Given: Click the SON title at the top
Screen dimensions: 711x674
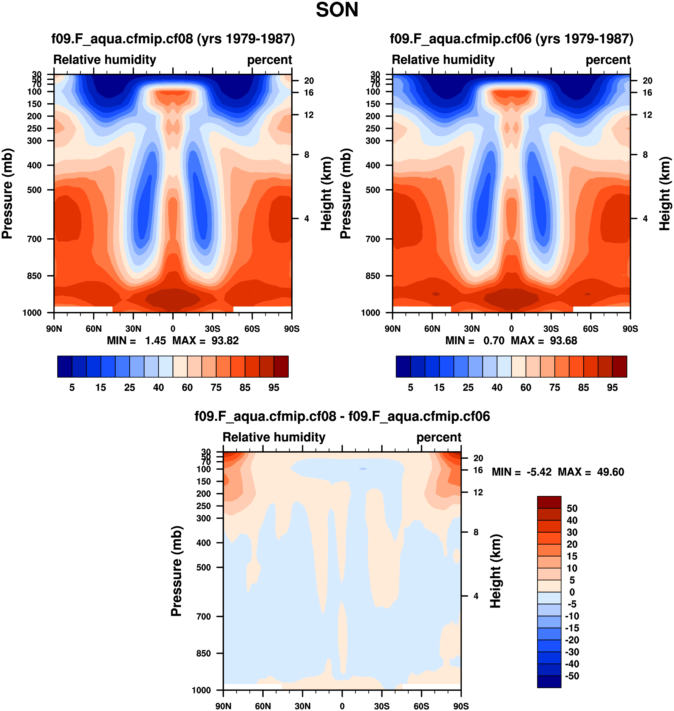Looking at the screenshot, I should (337, 10).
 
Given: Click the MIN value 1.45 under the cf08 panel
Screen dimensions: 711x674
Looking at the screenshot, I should (155, 341).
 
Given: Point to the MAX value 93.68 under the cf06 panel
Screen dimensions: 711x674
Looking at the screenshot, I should (563, 341).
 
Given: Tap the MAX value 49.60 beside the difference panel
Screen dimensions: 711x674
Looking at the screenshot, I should (610, 472).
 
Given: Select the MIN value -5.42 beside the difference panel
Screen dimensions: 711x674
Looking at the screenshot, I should (539, 472).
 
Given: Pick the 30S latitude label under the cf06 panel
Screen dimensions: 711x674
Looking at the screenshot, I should (551, 329).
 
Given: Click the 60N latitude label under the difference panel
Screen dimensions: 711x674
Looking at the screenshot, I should (263, 706).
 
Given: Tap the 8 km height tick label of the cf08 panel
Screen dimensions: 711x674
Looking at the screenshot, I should (307, 155).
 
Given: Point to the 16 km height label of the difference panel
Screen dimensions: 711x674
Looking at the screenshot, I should (478, 470).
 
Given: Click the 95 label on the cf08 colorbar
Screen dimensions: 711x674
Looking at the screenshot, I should (274, 387).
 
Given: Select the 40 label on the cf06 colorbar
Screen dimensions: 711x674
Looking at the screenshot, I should (497, 387).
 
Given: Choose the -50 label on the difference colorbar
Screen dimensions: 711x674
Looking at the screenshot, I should (572, 676).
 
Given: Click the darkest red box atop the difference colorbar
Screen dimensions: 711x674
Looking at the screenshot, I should (549, 502).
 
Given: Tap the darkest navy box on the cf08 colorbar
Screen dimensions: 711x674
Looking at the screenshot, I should (65, 367).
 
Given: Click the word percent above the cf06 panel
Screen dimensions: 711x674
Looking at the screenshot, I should (608, 60).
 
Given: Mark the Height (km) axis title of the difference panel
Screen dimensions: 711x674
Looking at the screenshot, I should (495, 571).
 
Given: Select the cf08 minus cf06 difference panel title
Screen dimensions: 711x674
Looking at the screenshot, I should (342, 416).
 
